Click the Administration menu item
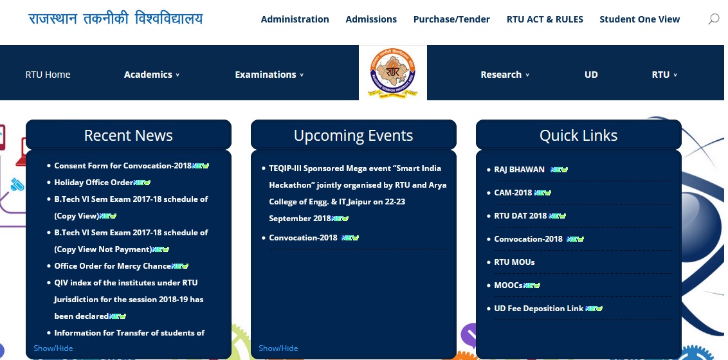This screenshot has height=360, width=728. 295,19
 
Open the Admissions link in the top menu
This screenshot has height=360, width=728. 371,19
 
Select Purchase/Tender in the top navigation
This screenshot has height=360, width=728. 451,19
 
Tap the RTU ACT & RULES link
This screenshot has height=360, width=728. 545,19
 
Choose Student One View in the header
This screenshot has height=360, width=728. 639,19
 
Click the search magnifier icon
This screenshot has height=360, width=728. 714,19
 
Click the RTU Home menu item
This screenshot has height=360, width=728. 48,75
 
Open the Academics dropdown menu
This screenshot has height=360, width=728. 151,75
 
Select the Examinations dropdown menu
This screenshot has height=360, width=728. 269,75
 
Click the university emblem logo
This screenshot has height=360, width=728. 393,73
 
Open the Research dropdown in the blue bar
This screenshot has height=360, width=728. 505,75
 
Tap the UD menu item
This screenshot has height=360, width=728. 591,75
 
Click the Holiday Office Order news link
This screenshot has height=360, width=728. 94,183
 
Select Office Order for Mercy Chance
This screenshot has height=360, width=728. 113,266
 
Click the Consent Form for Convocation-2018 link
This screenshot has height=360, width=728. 123,166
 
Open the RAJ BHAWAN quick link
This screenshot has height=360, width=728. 519,169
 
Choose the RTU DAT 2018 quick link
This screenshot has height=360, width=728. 520,216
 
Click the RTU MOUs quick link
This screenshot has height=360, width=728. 514,262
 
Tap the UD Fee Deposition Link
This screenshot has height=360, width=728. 538,309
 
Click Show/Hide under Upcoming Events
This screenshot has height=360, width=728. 278,348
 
